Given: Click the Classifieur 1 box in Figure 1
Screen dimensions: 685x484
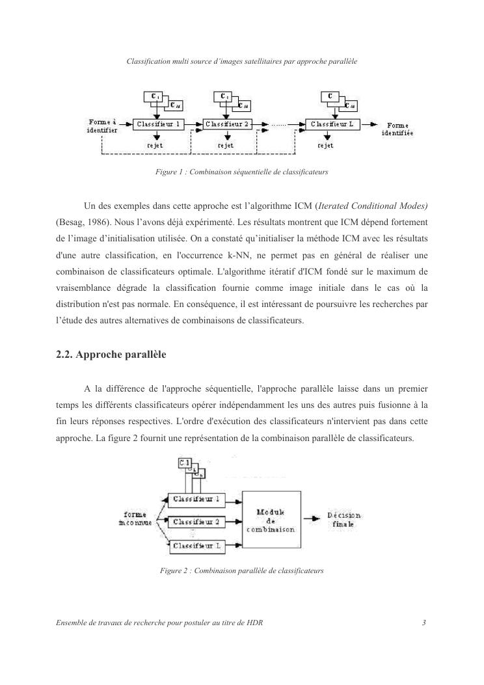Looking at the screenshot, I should pyautogui.click(x=159, y=124).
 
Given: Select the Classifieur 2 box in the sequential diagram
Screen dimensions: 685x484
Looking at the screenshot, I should pyautogui.click(x=228, y=124).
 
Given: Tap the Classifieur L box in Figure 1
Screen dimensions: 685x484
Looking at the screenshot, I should pyautogui.click(x=334, y=124).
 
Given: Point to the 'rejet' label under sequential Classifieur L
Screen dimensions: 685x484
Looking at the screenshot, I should pyautogui.click(x=325, y=146).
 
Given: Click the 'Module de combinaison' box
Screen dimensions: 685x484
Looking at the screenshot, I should pyautogui.click(x=271, y=520).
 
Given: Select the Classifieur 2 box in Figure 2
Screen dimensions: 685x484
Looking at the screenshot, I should pyautogui.click(x=196, y=522).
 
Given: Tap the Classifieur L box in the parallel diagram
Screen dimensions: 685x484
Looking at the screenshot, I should pyautogui.click(x=196, y=546).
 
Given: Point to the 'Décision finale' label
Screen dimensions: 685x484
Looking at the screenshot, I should pyautogui.click(x=344, y=520).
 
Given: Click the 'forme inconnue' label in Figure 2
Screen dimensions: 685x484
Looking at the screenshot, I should pyautogui.click(x=135, y=518).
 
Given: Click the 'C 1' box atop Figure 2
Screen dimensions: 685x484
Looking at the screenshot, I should pyautogui.click(x=185, y=463).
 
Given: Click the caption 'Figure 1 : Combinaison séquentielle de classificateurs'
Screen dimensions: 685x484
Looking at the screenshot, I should pyautogui.click(x=241, y=173).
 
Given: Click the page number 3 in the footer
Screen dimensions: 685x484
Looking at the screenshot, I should pyautogui.click(x=423, y=623).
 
